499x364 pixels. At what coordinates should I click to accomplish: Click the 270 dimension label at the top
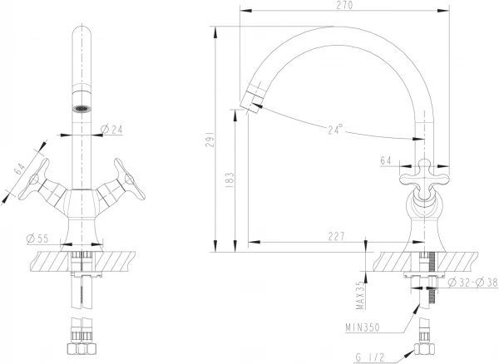(x=344, y=5)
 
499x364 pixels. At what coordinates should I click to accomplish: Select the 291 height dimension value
(x=209, y=140)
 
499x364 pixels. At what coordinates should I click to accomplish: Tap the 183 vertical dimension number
(x=230, y=180)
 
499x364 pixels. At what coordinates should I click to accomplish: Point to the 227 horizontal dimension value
(x=335, y=236)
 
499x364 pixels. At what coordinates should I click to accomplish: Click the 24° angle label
(x=336, y=129)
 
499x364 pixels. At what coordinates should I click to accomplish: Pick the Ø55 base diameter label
(x=37, y=239)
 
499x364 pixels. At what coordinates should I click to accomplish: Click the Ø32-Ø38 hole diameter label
(x=473, y=282)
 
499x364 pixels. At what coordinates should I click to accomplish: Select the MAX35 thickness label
(x=360, y=295)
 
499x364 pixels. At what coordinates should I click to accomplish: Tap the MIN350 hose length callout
(x=363, y=327)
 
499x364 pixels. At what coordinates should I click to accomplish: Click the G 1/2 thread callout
(x=370, y=357)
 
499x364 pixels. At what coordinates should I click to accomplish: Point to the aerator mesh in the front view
(x=82, y=109)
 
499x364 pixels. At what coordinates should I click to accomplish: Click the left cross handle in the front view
(x=34, y=180)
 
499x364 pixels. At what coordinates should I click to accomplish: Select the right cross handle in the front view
(x=130, y=180)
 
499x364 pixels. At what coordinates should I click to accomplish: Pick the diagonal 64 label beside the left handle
(x=20, y=169)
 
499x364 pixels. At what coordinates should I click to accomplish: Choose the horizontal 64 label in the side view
(x=386, y=160)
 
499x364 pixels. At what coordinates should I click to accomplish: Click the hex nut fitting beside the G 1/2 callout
(x=424, y=349)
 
